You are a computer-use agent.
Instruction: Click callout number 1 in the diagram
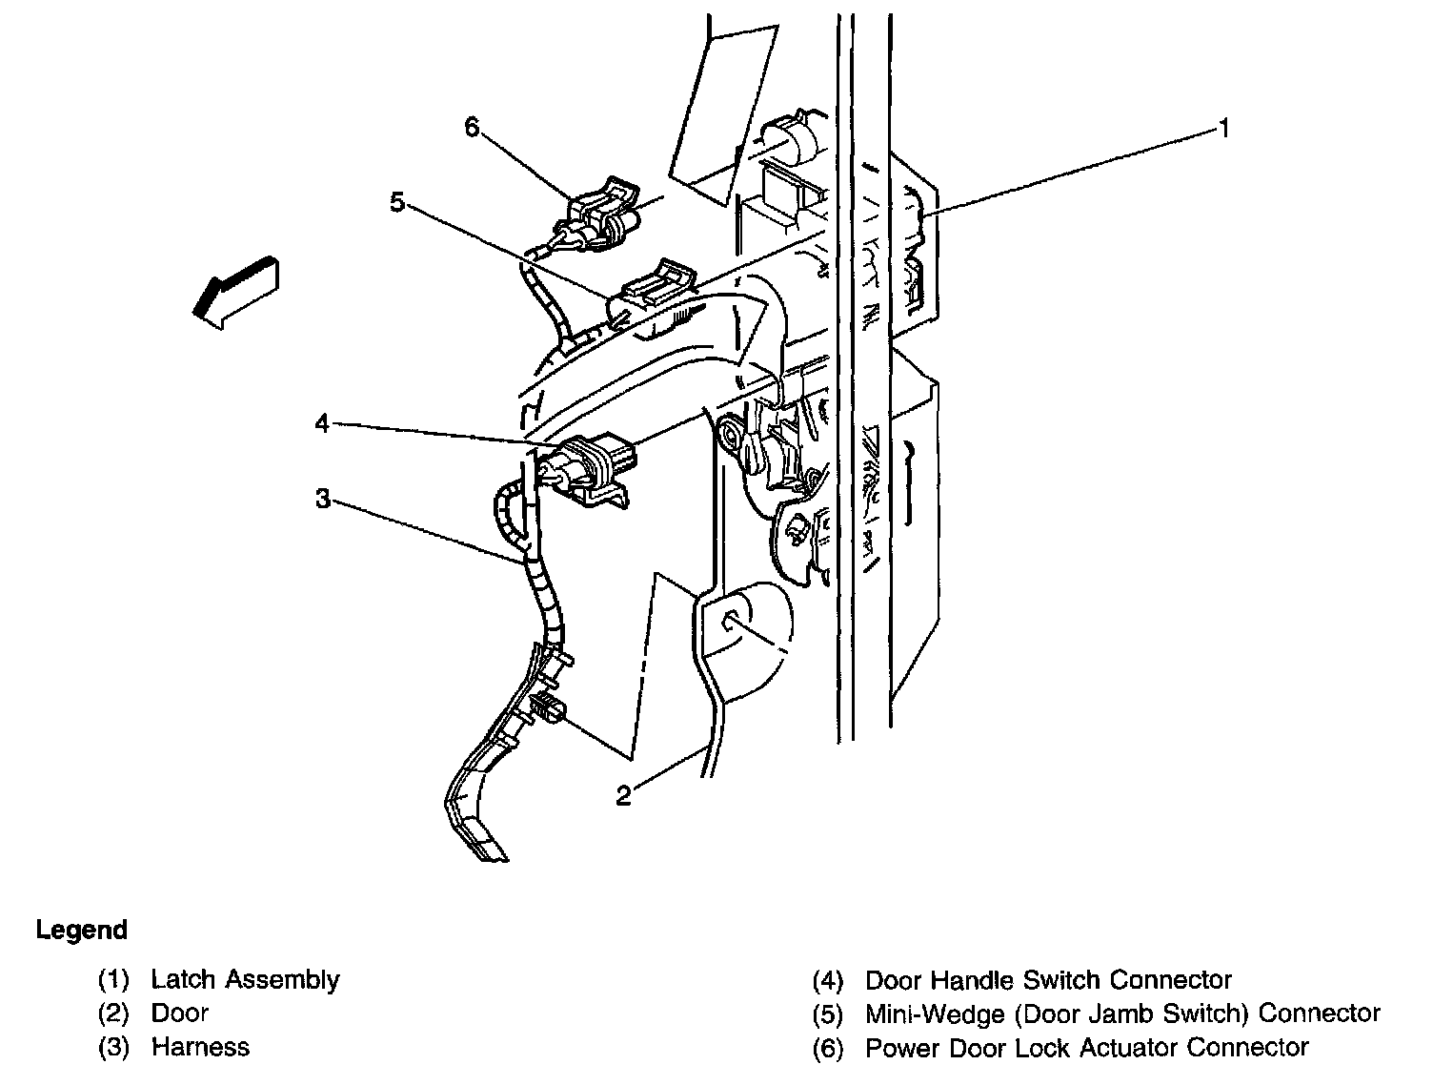tap(1223, 129)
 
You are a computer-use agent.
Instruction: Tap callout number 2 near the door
tap(623, 795)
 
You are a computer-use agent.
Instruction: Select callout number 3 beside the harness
tap(324, 499)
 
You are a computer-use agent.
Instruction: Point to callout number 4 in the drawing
tap(323, 422)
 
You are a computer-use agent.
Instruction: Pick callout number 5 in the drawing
tap(397, 202)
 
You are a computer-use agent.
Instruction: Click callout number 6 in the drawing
tap(473, 128)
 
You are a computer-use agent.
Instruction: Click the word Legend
tap(81, 930)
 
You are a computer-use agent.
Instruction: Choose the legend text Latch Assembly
tap(245, 980)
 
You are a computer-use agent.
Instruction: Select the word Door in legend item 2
tap(179, 1013)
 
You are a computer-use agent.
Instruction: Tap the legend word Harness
tap(200, 1047)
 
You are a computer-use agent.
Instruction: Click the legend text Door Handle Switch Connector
tap(1048, 980)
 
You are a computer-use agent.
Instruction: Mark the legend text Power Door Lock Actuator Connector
tap(1086, 1048)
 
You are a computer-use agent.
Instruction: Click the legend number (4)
tap(829, 981)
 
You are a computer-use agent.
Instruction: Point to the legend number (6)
tap(829, 1049)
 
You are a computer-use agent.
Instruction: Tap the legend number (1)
tap(113, 981)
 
